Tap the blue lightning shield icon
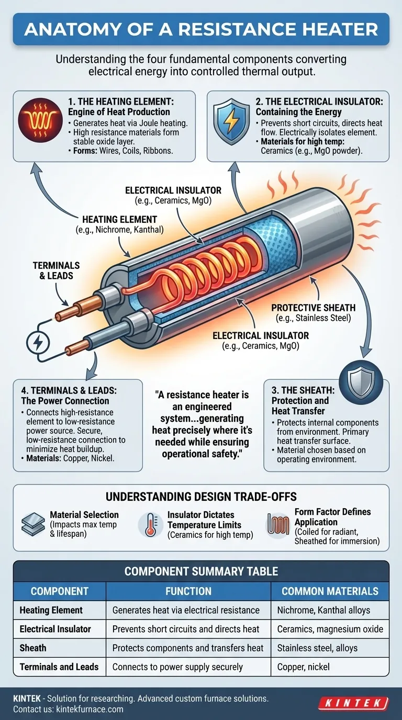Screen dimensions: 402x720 coord(231,121)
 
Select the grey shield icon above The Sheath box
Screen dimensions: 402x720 coord(361,382)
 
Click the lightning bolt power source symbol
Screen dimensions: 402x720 coord(38,342)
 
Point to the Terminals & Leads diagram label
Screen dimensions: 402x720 coord(57,271)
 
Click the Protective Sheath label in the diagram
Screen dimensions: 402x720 coord(313,313)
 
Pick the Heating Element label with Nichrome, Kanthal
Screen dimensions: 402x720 coord(120,224)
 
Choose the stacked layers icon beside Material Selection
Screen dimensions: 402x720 coord(33,524)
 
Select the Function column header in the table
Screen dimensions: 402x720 coord(188,591)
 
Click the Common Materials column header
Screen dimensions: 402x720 coord(330,591)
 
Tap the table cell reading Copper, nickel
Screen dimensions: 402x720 coord(303,667)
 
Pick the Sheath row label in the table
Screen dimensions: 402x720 coord(33,648)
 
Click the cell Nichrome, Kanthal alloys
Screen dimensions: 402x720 coord(323,610)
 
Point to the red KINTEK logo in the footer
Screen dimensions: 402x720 coord(353,703)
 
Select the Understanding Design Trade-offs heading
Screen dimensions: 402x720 coord(201,497)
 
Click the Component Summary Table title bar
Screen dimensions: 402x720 coord(201,571)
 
